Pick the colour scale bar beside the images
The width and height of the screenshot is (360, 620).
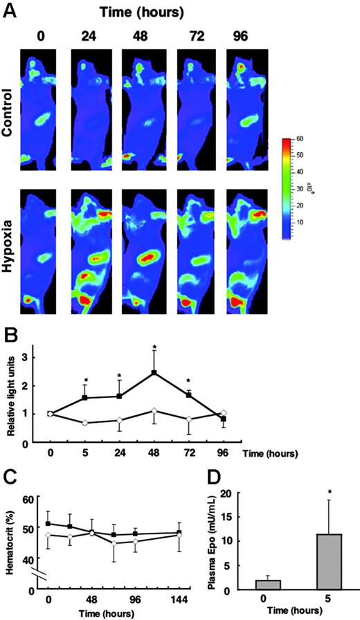pos(288,188)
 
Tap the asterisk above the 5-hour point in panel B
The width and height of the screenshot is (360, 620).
pos(85,380)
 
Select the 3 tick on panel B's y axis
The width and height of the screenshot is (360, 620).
pos(32,356)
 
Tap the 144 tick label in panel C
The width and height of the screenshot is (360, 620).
pos(179,601)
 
